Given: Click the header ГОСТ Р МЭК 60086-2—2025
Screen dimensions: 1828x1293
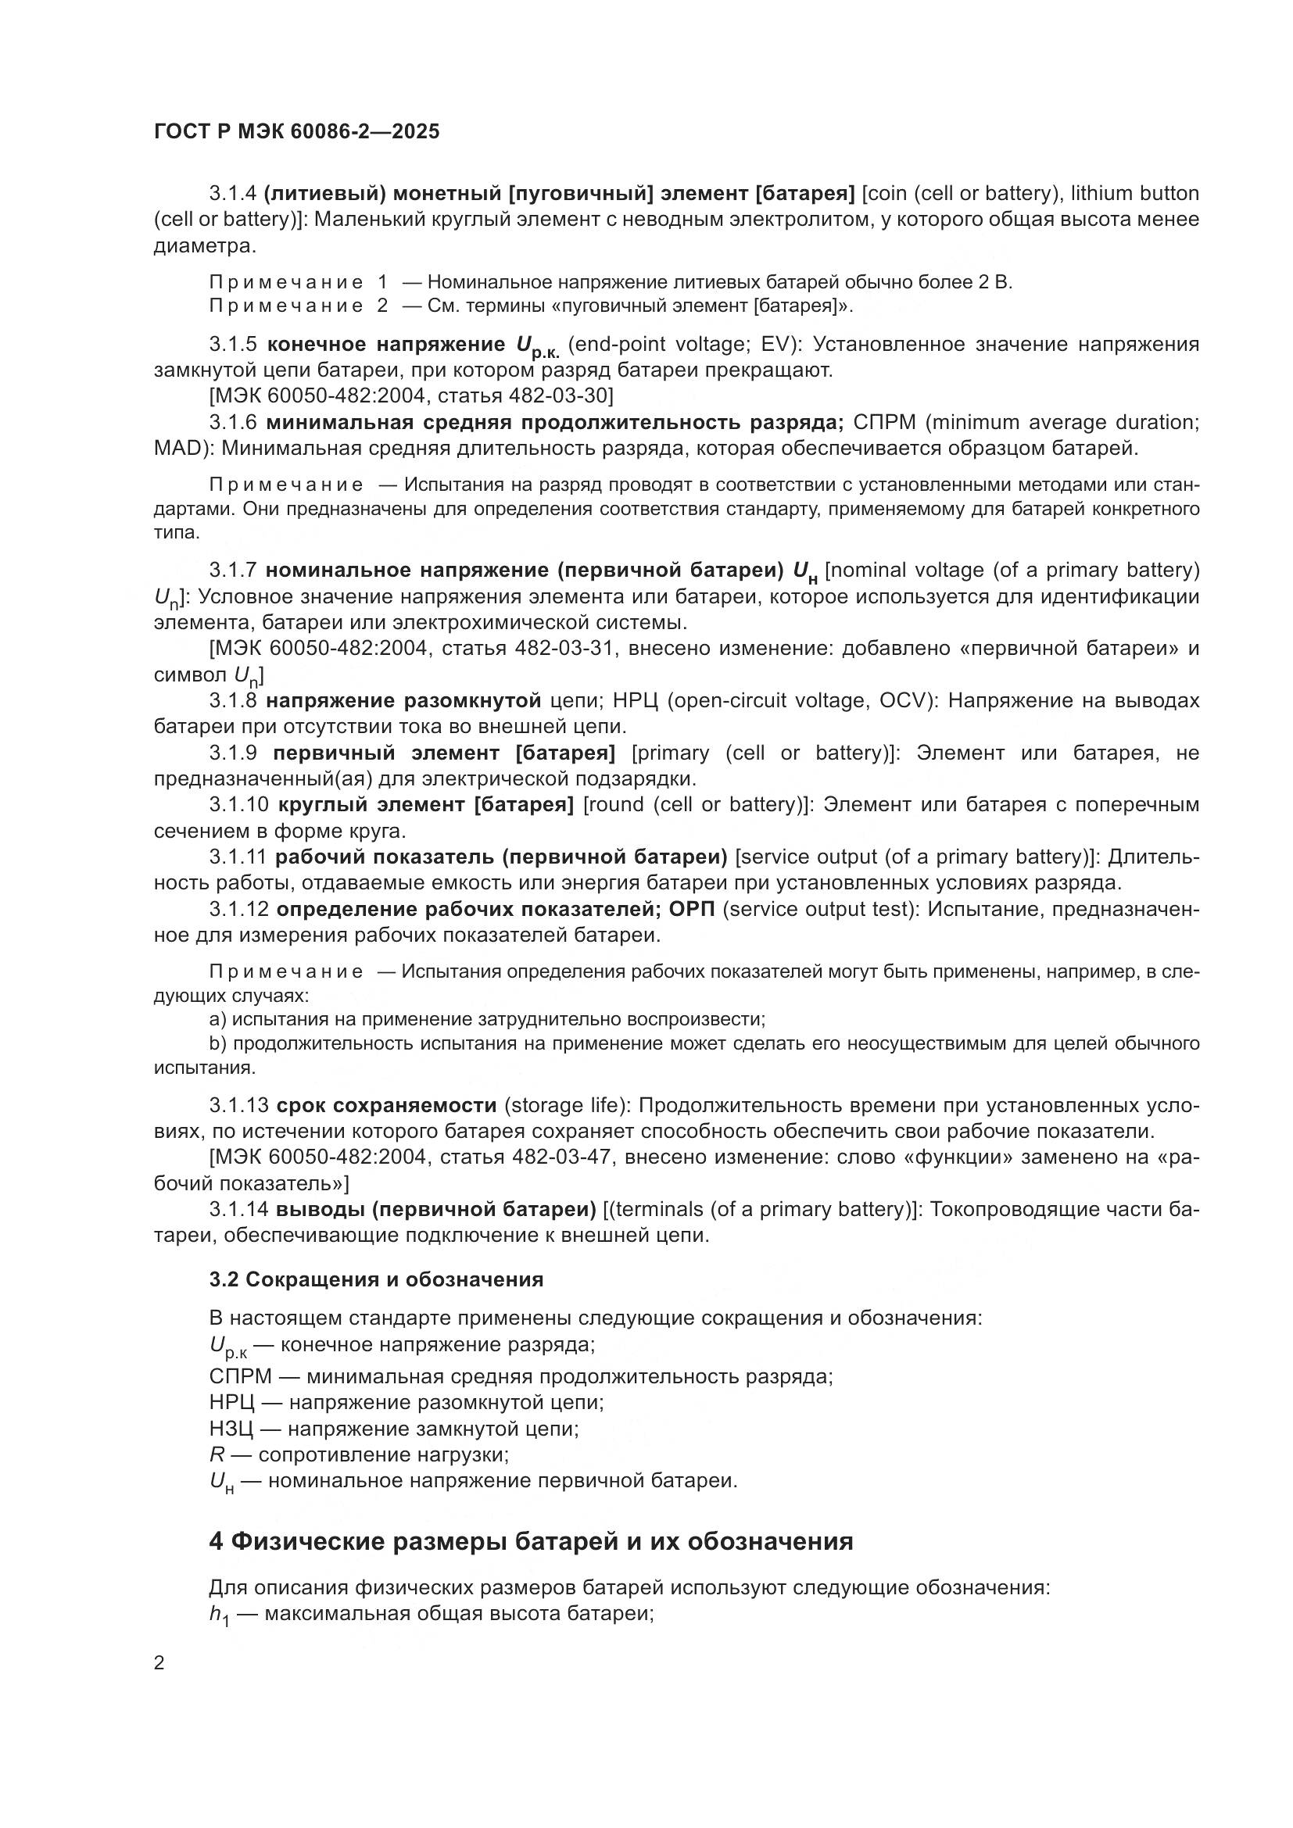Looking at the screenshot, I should click(296, 132).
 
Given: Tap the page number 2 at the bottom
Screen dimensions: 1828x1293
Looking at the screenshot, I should click(159, 1663).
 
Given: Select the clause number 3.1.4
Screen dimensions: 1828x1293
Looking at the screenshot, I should click(232, 194).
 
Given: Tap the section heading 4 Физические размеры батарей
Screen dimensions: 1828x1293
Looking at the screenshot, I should click(530, 1541).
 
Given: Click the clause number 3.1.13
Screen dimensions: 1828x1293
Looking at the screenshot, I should click(239, 1105).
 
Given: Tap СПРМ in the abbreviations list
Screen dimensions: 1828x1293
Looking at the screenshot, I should click(241, 1375).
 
